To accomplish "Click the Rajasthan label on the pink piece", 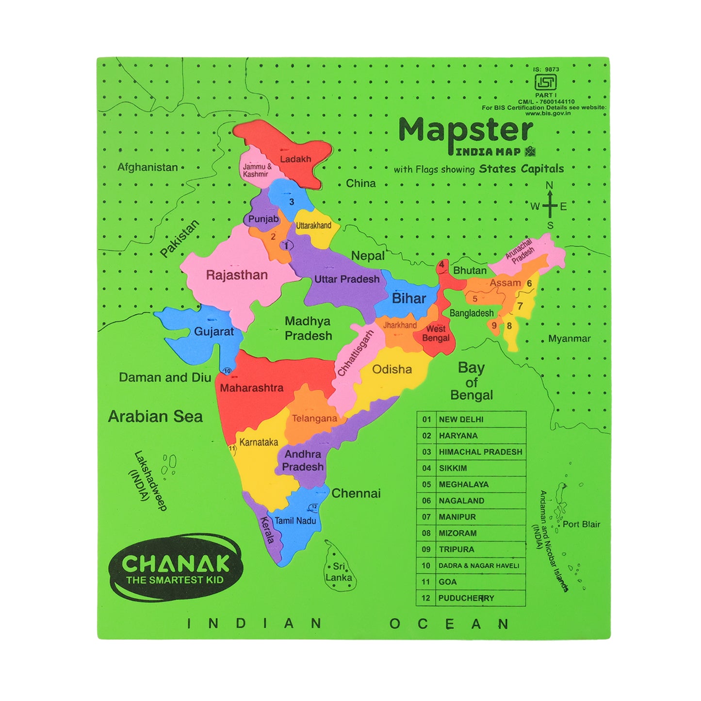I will point(237,275).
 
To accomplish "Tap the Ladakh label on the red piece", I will point(295,159).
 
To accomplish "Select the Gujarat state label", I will point(214,332).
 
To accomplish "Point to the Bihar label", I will point(409,298).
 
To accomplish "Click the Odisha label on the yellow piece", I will point(392,369).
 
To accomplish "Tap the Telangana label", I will point(314,418).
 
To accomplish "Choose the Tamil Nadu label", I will point(295,521).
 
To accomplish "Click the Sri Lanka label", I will point(339,572).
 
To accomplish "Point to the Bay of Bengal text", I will point(471,381).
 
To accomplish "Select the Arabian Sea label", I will point(155,416).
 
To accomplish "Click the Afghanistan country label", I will point(147,167).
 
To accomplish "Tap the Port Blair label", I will point(581,524).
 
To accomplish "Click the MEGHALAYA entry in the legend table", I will point(463,484).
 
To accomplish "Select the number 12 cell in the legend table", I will point(426,598).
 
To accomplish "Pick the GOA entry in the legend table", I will point(447,582).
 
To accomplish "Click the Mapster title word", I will point(465,130).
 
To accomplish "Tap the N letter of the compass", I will point(550,185).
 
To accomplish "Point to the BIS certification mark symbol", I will point(545,82).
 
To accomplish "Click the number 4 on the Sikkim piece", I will point(441,265).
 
